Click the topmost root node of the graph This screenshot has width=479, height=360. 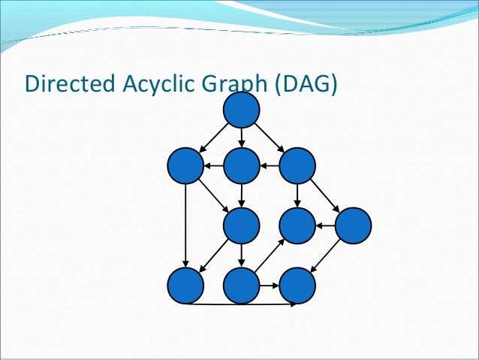[242, 110]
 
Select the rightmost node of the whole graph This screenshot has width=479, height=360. [354, 225]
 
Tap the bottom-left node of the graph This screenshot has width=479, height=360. [185, 285]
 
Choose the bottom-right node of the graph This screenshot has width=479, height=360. [297, 285]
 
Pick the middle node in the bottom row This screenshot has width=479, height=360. [242, 285]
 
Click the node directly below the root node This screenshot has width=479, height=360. [242, 166]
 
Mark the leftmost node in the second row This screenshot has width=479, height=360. [185, 166]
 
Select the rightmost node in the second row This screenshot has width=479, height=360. [297, 166]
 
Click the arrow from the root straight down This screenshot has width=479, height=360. [242, 138]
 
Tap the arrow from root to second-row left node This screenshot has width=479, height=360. [214, 138]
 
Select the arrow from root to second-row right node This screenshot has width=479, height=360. [270, 138]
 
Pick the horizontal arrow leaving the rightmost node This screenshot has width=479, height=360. [325, 225]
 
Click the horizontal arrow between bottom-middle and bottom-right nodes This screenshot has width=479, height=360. [270, 285]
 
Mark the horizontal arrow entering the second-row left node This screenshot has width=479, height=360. [213, 166]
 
